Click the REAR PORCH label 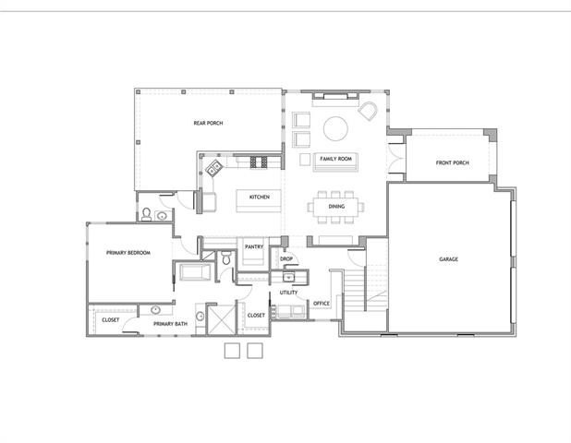click(208, 123)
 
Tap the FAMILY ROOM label click(336, 159)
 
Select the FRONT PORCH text click(453, 163)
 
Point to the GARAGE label click(449, 259)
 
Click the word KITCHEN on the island click(259, 198)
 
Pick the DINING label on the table click(336, 207)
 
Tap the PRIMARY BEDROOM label click(128, 253)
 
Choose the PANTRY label click(253, 247)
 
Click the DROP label click(286, 259)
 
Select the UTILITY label click(288, 293)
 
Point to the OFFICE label click(322, 304)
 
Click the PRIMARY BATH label click(171, 324)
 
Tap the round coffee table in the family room click(335, 127)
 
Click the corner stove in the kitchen click(214, 168)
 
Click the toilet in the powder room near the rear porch click(147, 215)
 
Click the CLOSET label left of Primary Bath click(111, 320)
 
